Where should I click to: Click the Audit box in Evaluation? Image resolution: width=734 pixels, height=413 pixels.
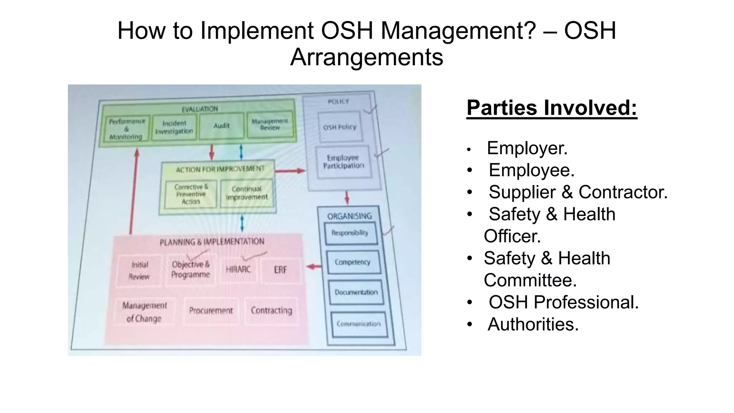221,126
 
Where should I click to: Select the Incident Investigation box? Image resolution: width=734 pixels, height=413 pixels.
174,127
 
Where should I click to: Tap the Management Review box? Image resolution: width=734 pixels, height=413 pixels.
270,125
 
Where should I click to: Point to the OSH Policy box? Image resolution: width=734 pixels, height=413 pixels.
340,127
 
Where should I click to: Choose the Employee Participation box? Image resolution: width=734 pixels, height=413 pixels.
343,162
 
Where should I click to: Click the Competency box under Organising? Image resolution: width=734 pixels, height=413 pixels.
353,262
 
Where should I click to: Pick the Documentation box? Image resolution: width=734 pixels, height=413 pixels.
356,292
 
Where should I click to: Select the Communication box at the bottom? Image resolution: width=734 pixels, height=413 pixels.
359,324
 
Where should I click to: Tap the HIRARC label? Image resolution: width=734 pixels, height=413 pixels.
238,269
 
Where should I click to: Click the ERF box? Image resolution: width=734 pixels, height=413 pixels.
280,270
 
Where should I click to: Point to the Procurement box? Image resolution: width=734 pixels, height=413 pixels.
211,310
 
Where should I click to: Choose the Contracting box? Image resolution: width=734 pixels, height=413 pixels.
271,310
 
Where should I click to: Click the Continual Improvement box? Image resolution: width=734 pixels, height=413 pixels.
247,193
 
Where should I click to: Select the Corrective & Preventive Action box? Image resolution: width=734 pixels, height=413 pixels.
191,194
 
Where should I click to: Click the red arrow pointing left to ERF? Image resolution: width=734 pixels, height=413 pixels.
314,266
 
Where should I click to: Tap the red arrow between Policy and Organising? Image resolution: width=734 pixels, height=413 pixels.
347,197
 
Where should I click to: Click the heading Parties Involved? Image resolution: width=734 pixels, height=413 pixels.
552,108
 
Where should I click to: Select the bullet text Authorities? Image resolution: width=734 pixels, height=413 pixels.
533,324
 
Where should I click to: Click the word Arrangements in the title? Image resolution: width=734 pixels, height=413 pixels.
367,57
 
